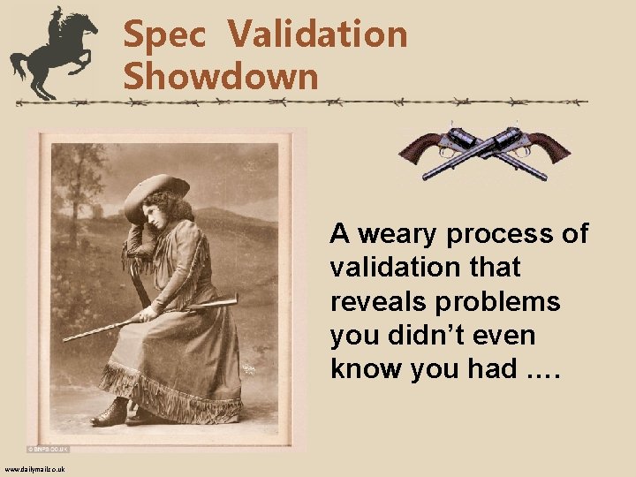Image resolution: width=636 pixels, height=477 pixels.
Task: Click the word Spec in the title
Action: pos(165,35)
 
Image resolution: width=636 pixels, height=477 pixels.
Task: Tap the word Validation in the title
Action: pos(317,35)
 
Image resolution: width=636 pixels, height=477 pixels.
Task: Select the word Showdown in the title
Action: pos(220,76)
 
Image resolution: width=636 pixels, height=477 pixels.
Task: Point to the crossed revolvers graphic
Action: pos(484,150)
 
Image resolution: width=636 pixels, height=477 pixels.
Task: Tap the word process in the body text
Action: pos(506,234)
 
